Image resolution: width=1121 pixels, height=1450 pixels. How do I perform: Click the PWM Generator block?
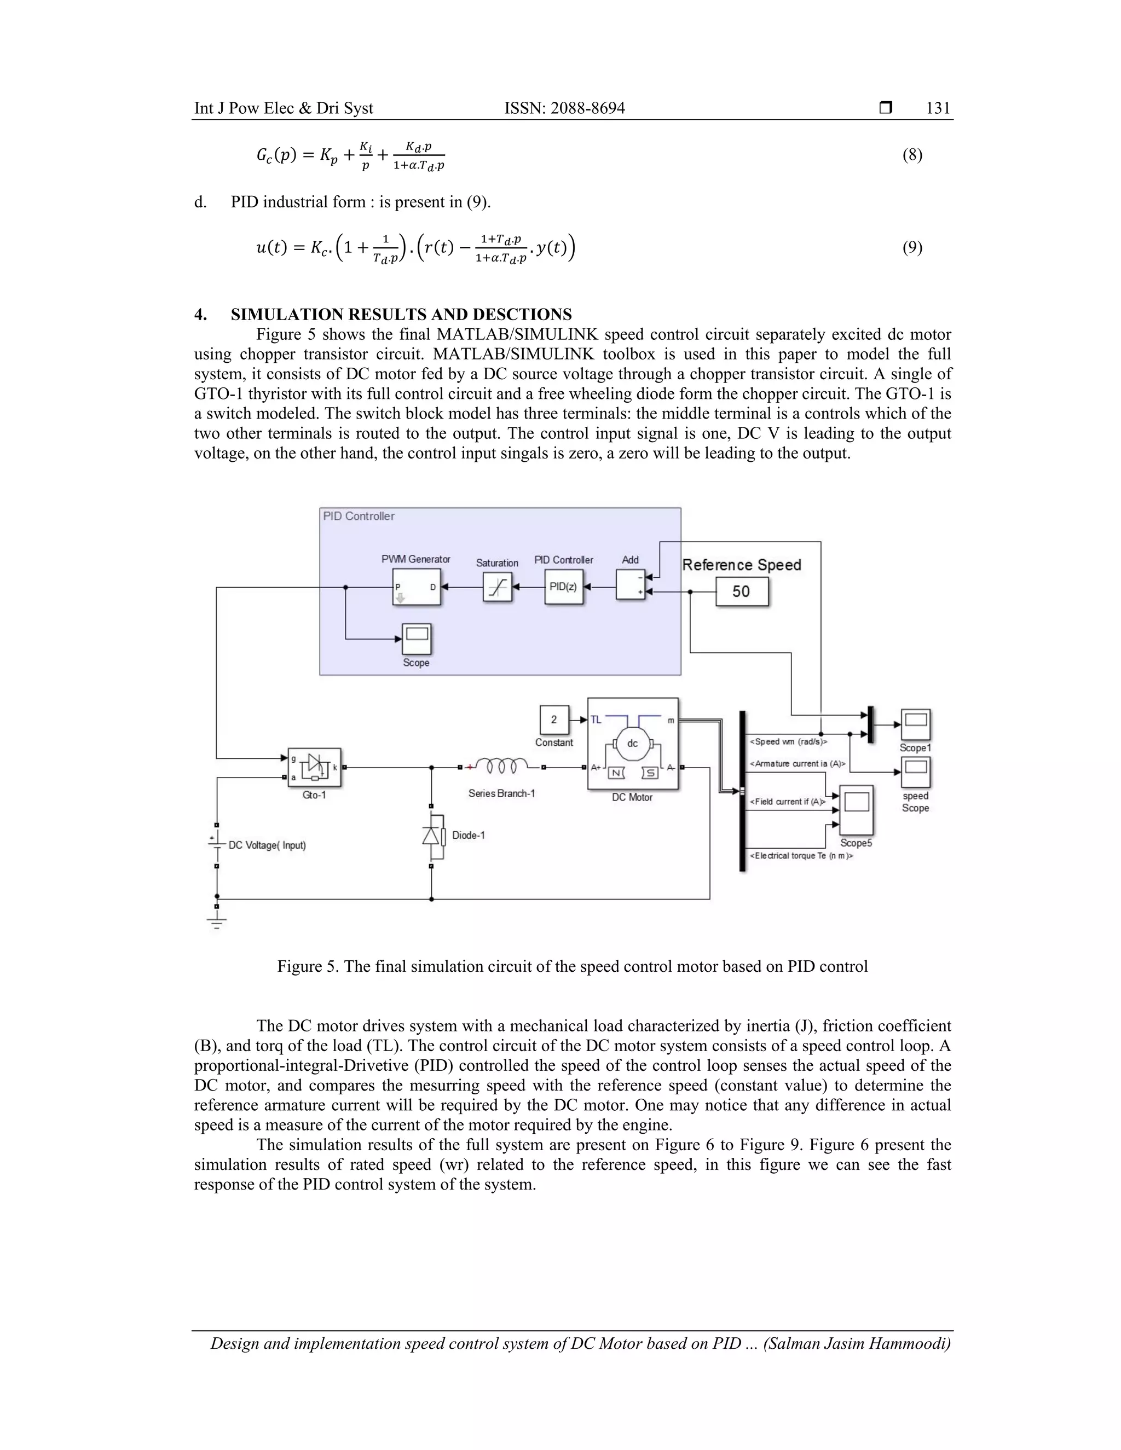point(416,587)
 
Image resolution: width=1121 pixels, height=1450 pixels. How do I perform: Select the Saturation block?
point(498,588)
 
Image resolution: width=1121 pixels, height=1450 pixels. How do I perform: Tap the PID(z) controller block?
point(564,587)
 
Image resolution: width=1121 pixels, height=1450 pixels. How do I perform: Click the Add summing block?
point(630,585)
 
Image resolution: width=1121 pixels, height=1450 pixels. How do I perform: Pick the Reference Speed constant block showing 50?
point(742,591)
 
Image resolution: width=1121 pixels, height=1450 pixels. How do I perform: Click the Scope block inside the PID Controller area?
point(417,639)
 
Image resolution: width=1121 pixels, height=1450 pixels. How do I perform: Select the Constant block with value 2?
point(554,720)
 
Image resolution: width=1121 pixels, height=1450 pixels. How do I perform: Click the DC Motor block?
point(633,744)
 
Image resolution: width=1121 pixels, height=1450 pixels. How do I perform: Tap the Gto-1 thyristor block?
point(314,768)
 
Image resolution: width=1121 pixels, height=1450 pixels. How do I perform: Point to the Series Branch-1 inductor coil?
point(502,767)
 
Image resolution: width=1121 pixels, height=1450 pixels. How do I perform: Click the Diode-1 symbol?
point(432,835)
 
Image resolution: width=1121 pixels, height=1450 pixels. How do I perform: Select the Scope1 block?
point(915,724)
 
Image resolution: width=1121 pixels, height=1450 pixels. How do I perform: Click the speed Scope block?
point(915,772)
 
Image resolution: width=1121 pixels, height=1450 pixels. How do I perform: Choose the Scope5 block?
point(856,810)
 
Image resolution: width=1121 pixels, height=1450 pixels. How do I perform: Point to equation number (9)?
point(912,248)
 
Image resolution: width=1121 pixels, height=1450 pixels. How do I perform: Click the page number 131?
point(938,108)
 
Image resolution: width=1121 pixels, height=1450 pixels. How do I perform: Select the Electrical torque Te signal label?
point(801,856)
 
